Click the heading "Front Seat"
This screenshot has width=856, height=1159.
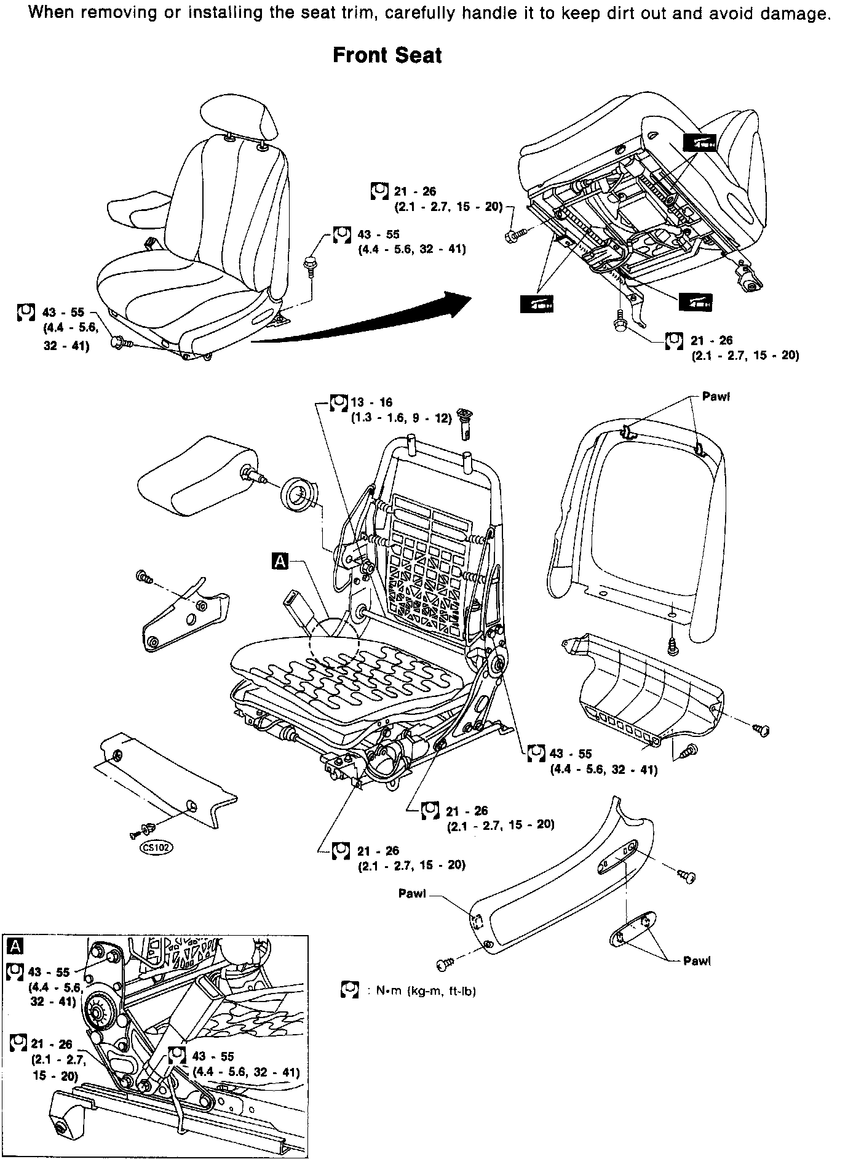pos(387,55)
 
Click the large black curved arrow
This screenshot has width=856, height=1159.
pos(369,323)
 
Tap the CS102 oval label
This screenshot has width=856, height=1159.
pos(157,848)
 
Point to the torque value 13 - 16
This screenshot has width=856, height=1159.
pos(371,403)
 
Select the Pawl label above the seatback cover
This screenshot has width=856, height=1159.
pos(716,397)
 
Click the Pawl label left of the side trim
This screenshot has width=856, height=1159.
pos(412,894)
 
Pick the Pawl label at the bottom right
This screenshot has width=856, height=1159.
pos(697,961)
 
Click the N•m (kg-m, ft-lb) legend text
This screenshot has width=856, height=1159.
pos(426,991)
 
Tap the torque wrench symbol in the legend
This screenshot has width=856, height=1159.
pos(349,990)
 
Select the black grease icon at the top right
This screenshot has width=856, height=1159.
pos(700,142)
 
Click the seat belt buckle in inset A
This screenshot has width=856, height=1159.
pos(203,1000)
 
